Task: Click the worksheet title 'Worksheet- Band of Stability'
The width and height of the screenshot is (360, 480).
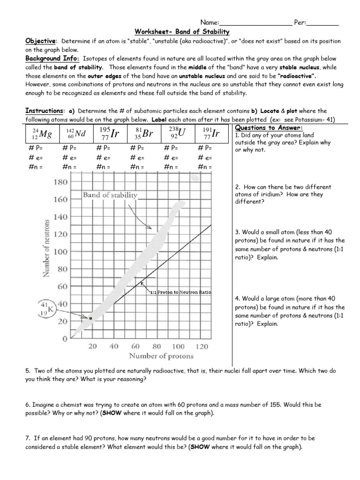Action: click(182, 32)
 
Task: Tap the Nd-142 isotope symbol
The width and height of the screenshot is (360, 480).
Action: click(76, 134)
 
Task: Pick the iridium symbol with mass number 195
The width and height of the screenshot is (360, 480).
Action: click(110, 134)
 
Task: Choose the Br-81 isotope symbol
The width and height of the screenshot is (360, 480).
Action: click(144, 134)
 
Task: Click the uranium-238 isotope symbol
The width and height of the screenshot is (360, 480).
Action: click(178, 134)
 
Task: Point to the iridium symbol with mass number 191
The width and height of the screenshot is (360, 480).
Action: click(212, 134)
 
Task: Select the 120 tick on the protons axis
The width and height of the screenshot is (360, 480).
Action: click(201, 347)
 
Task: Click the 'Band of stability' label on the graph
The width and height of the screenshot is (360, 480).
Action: click(111, 195)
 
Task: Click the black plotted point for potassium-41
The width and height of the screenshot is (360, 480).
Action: click(91, 318)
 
